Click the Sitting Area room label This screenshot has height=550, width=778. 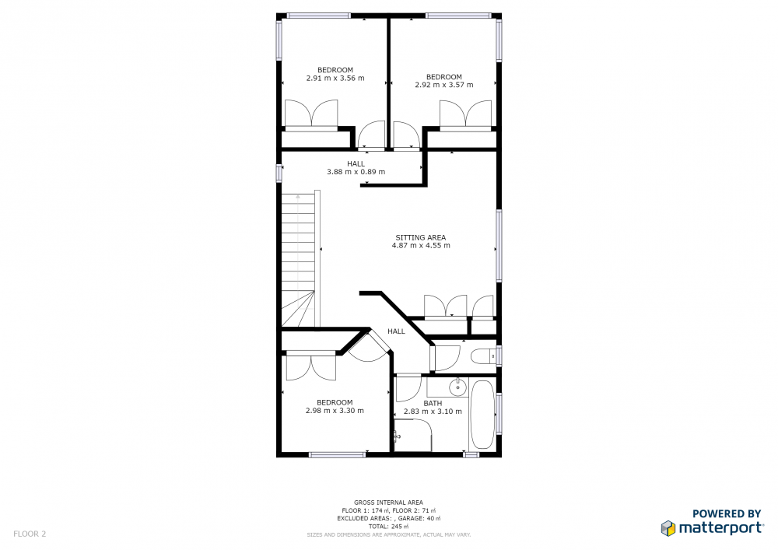(x=421, y=237)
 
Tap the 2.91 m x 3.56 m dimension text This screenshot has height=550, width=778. (x=335, y=78)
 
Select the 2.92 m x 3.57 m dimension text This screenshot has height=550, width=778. (x=444, y=85)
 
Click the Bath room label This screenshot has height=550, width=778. (x=433, y=403)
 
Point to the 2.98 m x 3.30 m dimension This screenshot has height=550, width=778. (x=335, y=411)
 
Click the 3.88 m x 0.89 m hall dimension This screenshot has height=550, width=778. (x=356, y=172)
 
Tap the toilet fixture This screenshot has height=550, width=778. (x=483, y=356)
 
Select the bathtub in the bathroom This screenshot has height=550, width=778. (x=482, y=415)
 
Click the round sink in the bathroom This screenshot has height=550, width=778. (x=457, y=387)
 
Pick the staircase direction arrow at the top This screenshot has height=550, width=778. (x=298, y=197)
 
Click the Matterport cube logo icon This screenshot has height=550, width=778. (x=668, y=528)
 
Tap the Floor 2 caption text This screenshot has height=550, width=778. (x=30, y=534)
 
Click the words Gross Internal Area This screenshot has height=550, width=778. (x=388, y=503)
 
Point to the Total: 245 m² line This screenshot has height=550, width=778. (x=388, y=526)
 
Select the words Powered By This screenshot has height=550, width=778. (x=727, y=513)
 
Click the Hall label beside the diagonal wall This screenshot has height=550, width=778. (x=397, y=331)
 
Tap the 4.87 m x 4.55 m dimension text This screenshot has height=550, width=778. (x=421, y=246)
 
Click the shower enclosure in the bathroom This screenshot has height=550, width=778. (x=412, y=436)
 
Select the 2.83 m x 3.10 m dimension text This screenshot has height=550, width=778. (x=433, y=411)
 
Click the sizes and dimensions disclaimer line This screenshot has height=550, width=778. (x=388, y=534)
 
